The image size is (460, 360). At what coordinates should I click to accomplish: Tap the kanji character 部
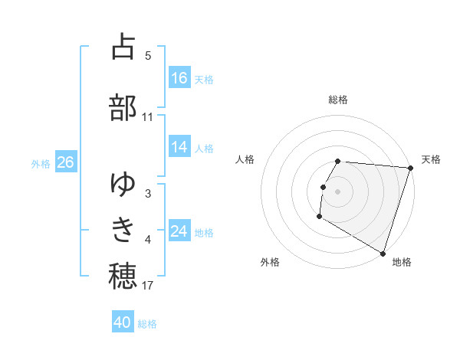click(x=123, y=107)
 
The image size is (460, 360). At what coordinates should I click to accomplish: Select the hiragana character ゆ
click(x=123, y=183)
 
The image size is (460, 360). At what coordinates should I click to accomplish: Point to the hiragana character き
click(x=123, y=229)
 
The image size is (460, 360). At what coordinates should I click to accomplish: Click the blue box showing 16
click(x=179, y=77)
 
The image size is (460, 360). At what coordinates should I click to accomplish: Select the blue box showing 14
click(x=179, y=147)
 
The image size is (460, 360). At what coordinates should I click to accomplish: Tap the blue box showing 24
click(x=179, y=231)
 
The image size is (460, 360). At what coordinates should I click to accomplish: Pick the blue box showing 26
click(x=65, y=162)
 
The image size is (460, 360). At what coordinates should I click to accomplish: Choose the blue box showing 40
click(x=123, y=322)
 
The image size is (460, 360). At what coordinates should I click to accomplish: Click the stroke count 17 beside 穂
click(x=148, y=286)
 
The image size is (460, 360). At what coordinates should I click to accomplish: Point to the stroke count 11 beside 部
click(x=148, y=117)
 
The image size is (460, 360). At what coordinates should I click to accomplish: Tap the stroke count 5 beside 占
click(x=148, y=56)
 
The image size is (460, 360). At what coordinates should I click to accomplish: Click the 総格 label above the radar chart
click(x=338, y=100)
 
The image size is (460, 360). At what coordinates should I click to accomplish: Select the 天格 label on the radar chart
click(x=431, y=159)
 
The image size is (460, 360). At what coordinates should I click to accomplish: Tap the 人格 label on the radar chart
click(x=245, y=159)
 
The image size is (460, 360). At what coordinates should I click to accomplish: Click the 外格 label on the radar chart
click(x=270, y=262)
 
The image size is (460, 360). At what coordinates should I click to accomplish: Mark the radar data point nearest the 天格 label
click(x=410, y=168)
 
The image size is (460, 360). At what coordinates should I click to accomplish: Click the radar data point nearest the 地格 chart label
click(x=383, y=253)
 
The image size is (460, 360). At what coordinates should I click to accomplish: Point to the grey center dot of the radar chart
click(x=338, y=191)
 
